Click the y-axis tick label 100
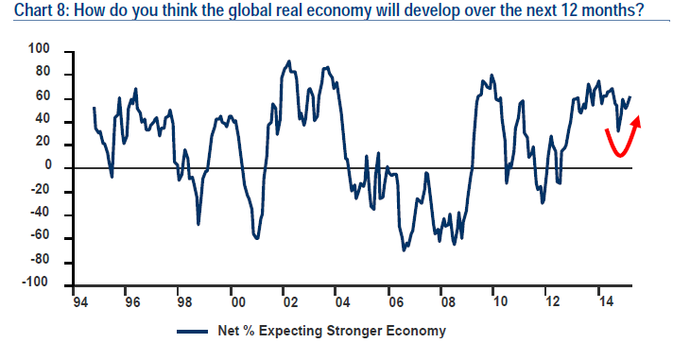point(39,49)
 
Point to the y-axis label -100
point(36,283)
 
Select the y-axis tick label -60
point(40,235)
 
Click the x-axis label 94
point(80,302)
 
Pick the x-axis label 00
point(238,302)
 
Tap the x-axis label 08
point(448,302)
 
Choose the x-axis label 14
point(606,302)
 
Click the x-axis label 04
point(343,302)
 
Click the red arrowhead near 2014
point(637,121)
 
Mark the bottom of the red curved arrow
point(619,154)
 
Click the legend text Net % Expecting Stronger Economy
point(332,332)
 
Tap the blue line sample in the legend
point(192,332)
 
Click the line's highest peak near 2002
point(289,61)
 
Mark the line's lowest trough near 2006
point(404,250)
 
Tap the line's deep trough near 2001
point(257,238)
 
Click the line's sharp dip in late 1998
point(198,224)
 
